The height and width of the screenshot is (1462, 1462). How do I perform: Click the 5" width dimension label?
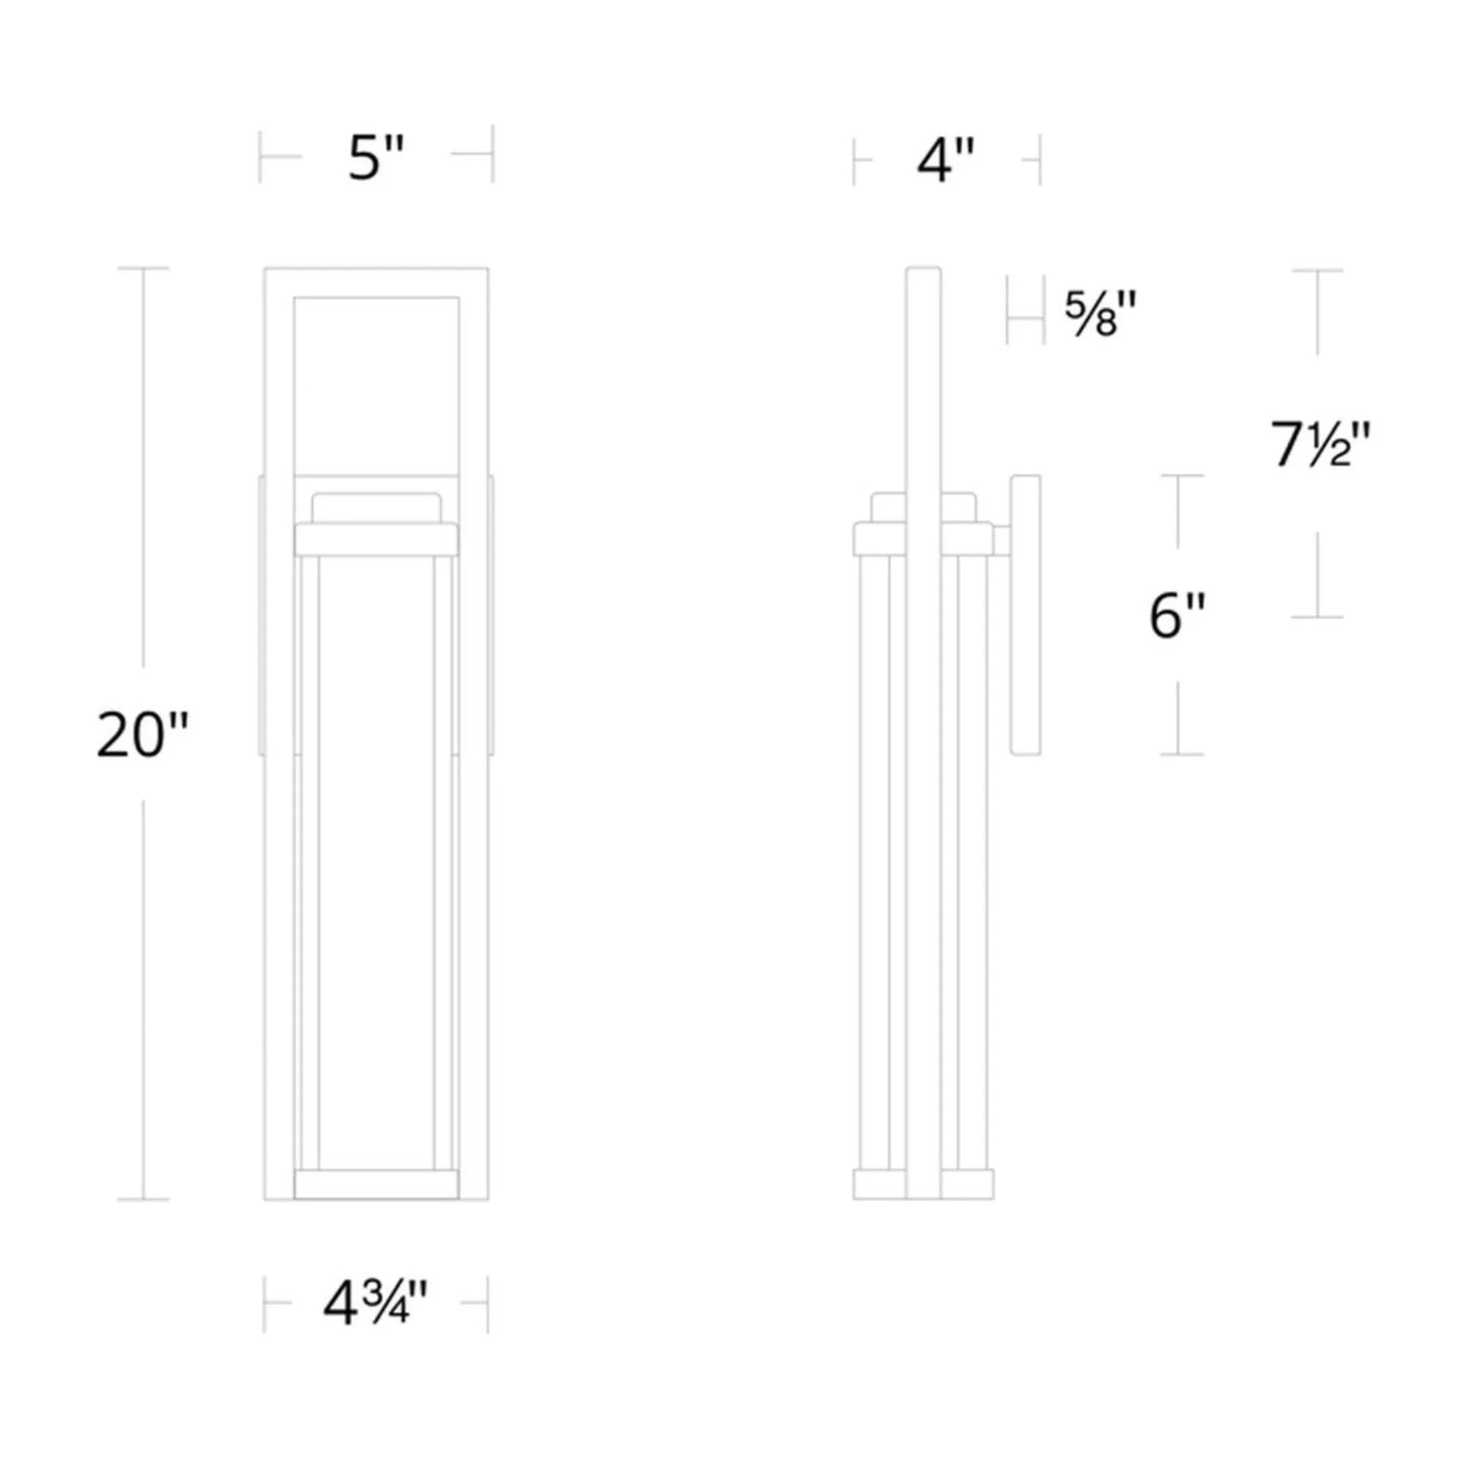click(376, 159)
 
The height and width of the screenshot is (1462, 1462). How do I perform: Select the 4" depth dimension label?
click(945, 162)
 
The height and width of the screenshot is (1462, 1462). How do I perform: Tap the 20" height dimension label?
click(142, 735)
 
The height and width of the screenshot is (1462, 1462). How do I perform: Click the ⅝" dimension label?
click(1101, 314)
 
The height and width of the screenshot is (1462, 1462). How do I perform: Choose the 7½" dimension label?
click(1320, 445)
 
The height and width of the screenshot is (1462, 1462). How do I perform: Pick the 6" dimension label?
click(1177, 617)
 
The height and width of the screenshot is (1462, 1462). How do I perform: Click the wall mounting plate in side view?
click(1026, 614)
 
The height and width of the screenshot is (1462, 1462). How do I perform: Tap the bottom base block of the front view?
click(376, 1185)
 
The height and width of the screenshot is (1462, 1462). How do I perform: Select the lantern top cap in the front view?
click(376, 539)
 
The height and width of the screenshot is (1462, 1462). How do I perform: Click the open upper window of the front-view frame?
click(376, 386)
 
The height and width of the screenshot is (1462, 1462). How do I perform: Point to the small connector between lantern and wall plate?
click(1001, 541)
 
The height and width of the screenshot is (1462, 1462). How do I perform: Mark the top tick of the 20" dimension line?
click(143, 268)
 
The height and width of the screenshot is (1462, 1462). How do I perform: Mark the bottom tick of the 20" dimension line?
click(143, 1199)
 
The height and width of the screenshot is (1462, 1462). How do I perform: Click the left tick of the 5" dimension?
click(260, 156)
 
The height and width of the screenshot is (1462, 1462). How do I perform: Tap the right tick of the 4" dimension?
click(1040, 160)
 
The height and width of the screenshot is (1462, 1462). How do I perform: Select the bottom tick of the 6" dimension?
click(1181, 754)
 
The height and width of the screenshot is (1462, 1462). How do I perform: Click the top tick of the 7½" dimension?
click(1318, 270)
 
